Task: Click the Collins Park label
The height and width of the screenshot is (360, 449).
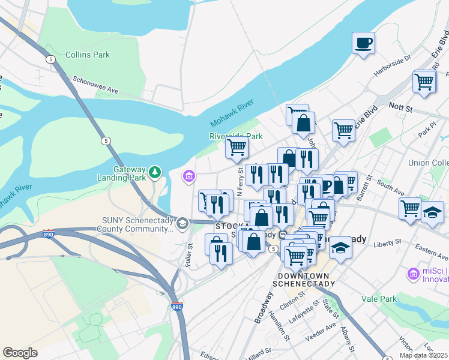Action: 88,55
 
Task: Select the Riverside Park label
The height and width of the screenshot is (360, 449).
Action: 236,136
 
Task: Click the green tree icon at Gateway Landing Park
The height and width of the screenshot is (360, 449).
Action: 155,173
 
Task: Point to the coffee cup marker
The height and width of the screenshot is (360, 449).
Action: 363,43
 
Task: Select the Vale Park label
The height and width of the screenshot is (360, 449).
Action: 379,298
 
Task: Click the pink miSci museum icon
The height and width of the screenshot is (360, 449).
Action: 412,274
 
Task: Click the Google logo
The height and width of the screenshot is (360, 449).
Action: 20,353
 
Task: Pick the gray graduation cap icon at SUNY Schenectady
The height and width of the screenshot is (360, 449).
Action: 181,224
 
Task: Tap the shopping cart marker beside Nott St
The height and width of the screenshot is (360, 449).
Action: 424,82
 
